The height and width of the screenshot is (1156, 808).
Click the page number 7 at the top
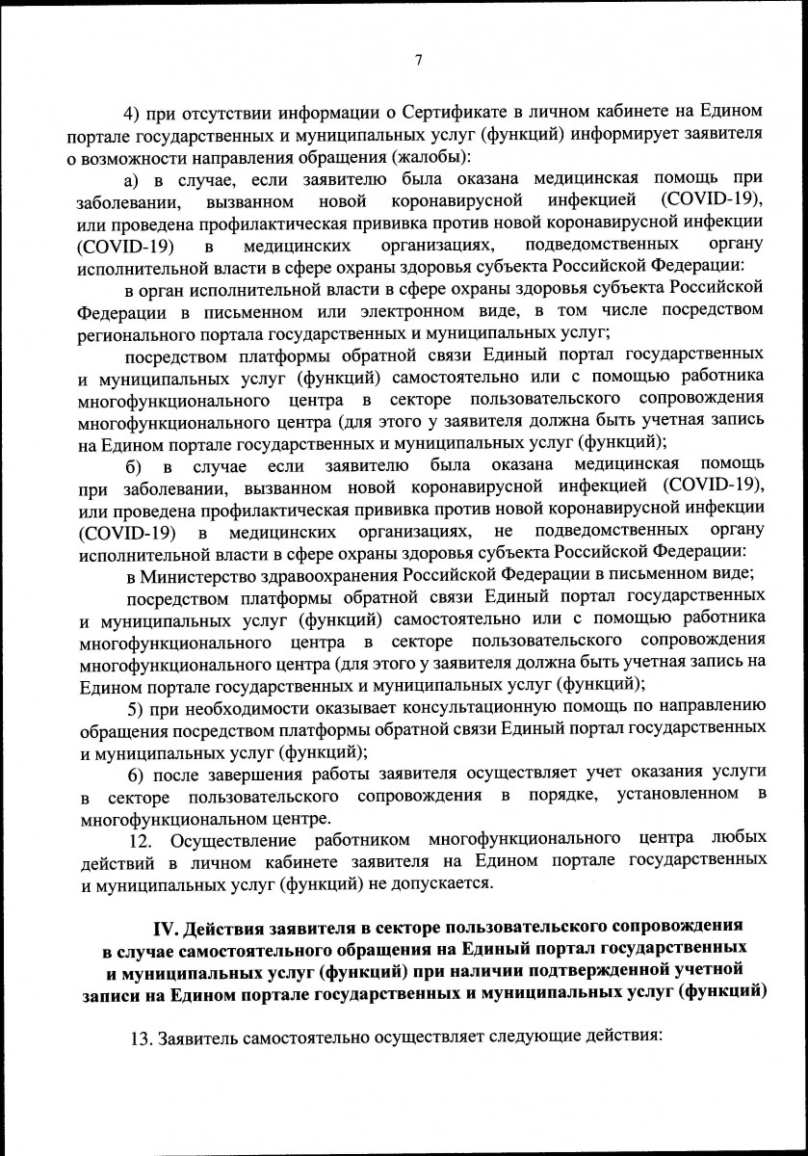[x=418, y=61]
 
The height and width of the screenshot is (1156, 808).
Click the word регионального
[x=132, y=332]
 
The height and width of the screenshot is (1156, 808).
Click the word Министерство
[x=202, y=576]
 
